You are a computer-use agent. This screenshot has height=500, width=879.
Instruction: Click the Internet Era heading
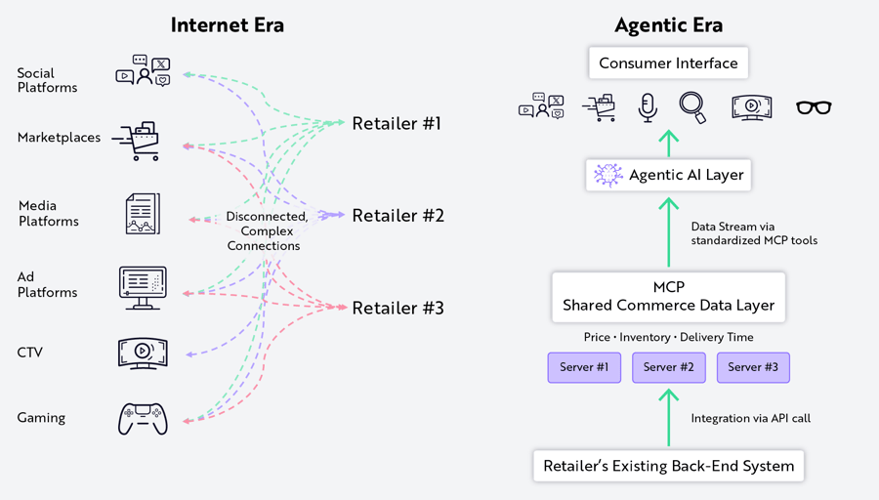pos(227,25)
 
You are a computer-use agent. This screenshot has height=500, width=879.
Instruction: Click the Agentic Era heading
pos(668,25)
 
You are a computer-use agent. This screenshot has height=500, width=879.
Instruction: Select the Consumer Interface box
pos(668,62)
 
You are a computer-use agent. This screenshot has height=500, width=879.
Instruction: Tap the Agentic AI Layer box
pos(668,175)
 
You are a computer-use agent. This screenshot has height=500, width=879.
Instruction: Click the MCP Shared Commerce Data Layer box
pos(668,297)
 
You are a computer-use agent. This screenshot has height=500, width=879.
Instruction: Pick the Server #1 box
pos(584,367)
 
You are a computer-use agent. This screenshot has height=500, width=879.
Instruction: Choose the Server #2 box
pos(669,367)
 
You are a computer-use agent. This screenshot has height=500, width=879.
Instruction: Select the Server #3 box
pos(753,367)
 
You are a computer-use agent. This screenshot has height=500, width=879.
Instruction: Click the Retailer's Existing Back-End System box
pos(668,466)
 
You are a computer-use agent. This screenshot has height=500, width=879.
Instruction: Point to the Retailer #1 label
pos(397,123)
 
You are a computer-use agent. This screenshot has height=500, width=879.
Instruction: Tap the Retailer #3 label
pos(398,308)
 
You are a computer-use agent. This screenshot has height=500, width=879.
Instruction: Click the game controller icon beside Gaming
pos(143,419)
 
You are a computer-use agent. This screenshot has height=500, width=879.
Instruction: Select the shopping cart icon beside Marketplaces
pos(137,141)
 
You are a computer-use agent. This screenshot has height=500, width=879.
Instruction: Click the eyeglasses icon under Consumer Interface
pos(814,107)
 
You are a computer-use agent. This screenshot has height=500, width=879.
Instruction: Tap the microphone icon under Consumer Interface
pos(648,107)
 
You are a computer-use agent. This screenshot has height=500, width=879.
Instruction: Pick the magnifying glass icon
pos(692,107)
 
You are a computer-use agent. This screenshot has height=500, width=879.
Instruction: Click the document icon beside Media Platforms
pos(143,214)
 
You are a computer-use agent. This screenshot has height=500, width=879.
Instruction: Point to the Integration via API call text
pos(751,418)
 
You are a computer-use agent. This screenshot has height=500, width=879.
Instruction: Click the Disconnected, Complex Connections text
pos(267,230)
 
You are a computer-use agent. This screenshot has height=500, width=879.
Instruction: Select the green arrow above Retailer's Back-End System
pos(669,418)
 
